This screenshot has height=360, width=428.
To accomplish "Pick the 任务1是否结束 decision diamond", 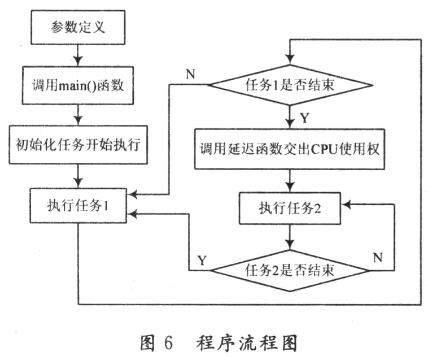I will tap(291, 86).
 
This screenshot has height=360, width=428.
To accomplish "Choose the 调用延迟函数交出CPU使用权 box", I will tap(291, 148).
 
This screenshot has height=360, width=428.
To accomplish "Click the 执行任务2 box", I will tap(291, 207).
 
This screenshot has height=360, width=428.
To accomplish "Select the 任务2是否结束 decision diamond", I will tap(291, 270).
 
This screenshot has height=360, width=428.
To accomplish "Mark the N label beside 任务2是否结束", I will tap(379, 258).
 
